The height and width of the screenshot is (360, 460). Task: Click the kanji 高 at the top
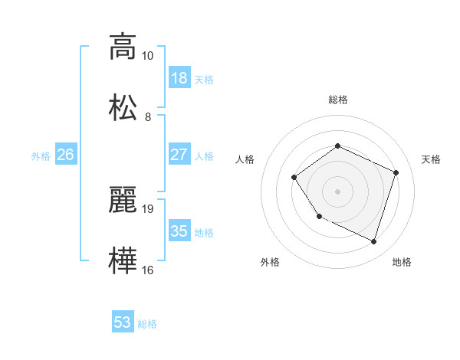(123, 47)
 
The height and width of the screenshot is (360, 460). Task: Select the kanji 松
(123, 106)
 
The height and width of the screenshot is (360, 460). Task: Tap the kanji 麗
(123, 199)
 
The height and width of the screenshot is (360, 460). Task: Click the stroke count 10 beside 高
(148, 56)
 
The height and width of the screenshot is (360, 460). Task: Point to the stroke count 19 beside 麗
(148, 208)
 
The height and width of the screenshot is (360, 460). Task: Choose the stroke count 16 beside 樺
(148, 270)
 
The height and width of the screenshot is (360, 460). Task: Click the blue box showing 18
(179, 78)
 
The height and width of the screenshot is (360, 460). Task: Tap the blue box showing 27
(179, 155)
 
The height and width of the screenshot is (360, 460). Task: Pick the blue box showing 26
(66, 155)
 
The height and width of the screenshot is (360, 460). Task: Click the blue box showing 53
(123, 322)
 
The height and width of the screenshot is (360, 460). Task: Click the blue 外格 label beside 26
(41, 156)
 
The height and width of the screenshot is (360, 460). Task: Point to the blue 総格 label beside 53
(147, 324)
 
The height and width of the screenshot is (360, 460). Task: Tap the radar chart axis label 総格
(337, 100)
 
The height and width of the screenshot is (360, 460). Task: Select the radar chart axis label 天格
(431, 159)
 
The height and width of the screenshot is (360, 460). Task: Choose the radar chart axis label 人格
(245, 159)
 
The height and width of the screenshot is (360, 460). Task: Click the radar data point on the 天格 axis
(396, 172)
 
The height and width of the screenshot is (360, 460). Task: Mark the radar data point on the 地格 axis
(374, 242)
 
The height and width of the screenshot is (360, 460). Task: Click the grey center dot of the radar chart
(337, 191)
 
